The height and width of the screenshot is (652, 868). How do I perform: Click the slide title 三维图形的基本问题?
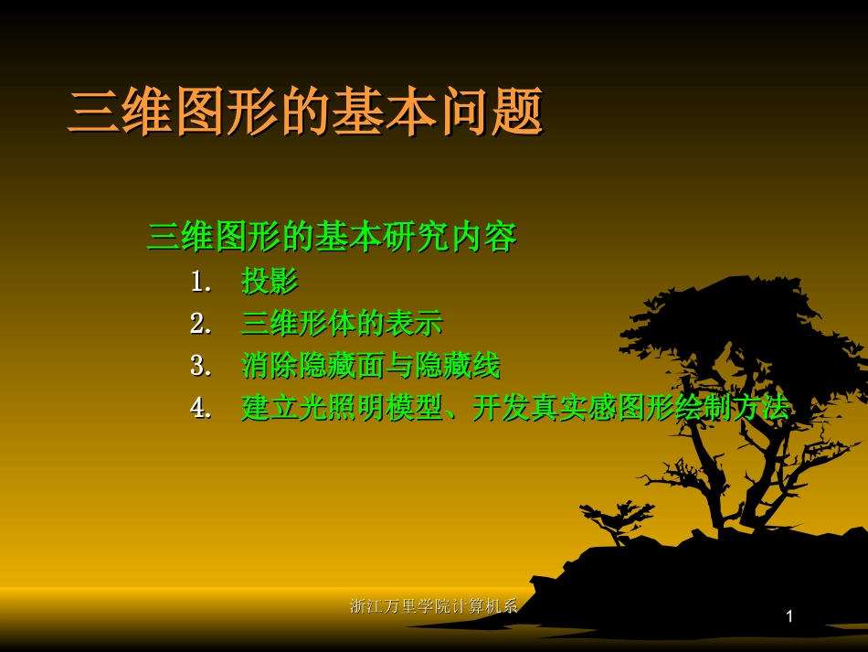pos(306,112)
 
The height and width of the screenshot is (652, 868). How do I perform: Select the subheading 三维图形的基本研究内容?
pos(332,237)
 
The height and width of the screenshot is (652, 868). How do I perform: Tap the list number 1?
pos(200,282)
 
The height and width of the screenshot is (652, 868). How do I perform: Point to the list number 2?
pos(200,324)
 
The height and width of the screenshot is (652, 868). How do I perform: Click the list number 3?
pos(200,366)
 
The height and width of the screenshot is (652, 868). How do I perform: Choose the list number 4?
pos(200,408)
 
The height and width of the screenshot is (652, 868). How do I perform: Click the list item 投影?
pos(270,282)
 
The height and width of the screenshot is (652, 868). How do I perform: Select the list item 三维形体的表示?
pos(342,324)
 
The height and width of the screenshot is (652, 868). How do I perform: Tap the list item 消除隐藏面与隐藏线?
pos(370,366)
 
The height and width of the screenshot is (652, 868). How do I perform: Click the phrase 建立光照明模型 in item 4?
pos(342,408)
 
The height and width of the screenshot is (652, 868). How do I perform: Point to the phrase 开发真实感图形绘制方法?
pos(630,408)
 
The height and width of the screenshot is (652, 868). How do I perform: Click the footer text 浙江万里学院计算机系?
pos(434,605)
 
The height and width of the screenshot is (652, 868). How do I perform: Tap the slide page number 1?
pos(789,617)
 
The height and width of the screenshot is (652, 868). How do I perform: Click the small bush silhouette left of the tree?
pos(618,520)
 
